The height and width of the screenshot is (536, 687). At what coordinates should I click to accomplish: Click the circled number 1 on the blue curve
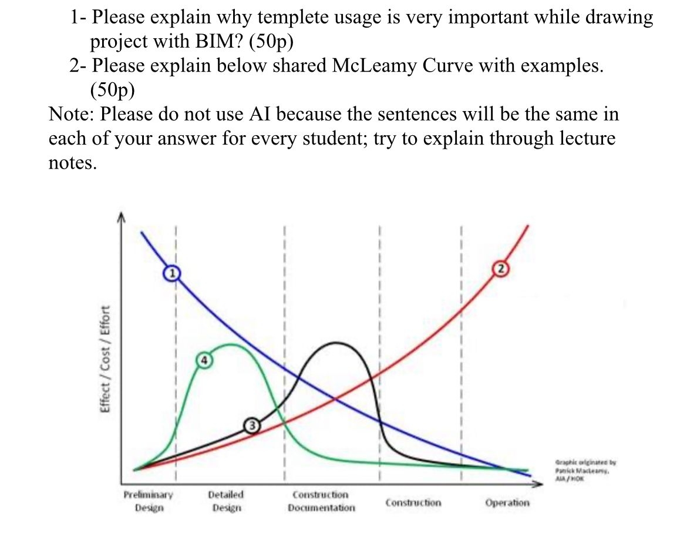pos(171,273)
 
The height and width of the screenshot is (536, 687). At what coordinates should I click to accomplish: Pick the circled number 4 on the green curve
pos(203,360)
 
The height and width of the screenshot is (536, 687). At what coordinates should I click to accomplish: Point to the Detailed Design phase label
pos(226,501)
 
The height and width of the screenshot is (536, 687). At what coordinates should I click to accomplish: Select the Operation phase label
pos(507,503)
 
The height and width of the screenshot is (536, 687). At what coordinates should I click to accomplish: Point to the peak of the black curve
pos(336,343)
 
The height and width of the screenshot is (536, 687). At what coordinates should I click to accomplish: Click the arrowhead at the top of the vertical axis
pos(122,216)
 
